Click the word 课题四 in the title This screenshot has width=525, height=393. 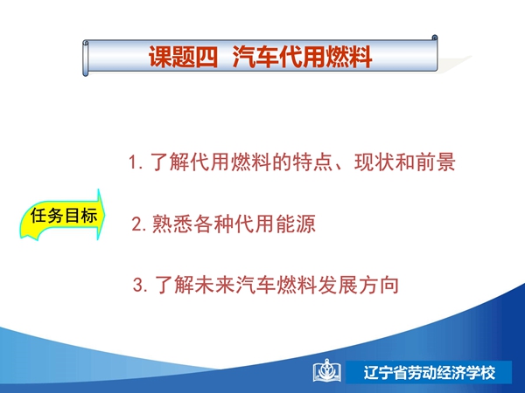tap(183, 57)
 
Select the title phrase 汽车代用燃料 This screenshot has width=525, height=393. tap(302, 57)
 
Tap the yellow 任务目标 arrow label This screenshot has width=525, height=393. tap(63, 215)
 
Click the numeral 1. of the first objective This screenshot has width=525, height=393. tap(136, 162)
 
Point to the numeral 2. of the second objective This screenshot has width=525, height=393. tap(139, 224)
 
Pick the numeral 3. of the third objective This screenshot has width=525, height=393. tap(140, 286)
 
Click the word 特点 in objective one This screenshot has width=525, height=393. tap(312, 162)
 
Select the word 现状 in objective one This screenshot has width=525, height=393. tap(374, 162)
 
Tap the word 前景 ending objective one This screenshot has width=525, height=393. tap(435, 162)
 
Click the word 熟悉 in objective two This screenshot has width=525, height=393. tap(172, 224)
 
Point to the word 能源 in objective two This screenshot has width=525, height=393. tap(296, 224)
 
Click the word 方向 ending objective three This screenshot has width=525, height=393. tap(379, 285)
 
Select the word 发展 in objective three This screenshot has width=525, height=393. tap(338, 285)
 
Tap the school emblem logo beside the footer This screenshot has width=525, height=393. tap(327, 371)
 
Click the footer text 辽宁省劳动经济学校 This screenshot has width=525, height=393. tap(430, 373)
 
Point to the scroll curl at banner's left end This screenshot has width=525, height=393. tap(86, 58)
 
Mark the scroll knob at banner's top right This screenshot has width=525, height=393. tap(435, 38)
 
